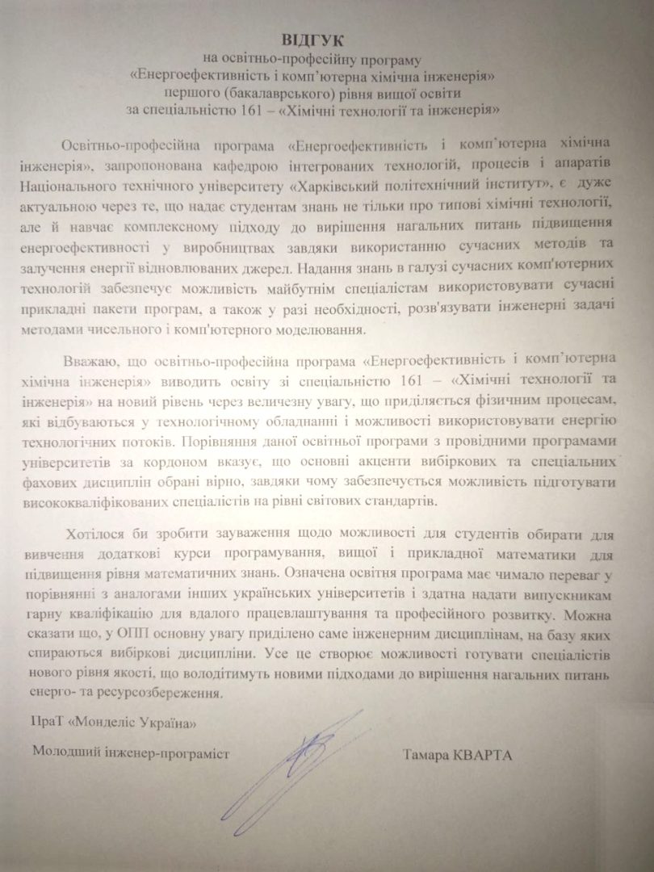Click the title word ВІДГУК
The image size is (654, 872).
point(327,40)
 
